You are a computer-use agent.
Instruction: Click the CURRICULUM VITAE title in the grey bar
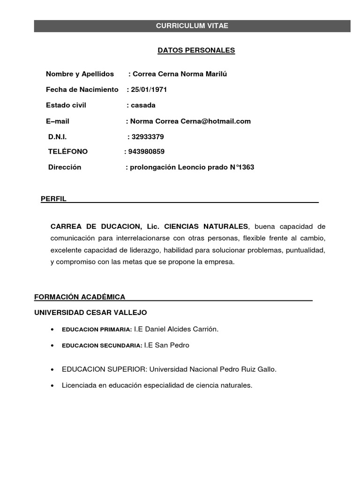pyautogui.click(x=192, y=26)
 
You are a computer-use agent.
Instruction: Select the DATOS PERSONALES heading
pyautogui.click(x=196, y=50)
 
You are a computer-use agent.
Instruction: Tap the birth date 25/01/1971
pyautogui.click(x=149, y=90)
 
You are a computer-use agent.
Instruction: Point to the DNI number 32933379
pyautogui.click(x=148, y=137)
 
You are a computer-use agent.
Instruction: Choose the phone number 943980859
pyautogui.click(x=146, y=151)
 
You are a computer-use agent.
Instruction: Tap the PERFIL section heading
pyautogui.click(x=54, y=199)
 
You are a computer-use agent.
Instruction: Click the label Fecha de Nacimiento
pyautogui.click(x=82, y=90)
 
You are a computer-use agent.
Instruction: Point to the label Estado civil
pyautogui.click(x=66, y=105)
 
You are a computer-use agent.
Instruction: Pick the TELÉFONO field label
pyautogui.click(x=68, y=151)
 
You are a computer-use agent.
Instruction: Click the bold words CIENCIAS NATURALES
pyautogui.click(x=206, y=227)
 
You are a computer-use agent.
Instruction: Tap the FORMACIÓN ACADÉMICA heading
pyautogui.click(x=80, y=297)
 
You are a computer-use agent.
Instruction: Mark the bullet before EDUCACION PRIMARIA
pyautogui.click(x=51, y=330)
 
